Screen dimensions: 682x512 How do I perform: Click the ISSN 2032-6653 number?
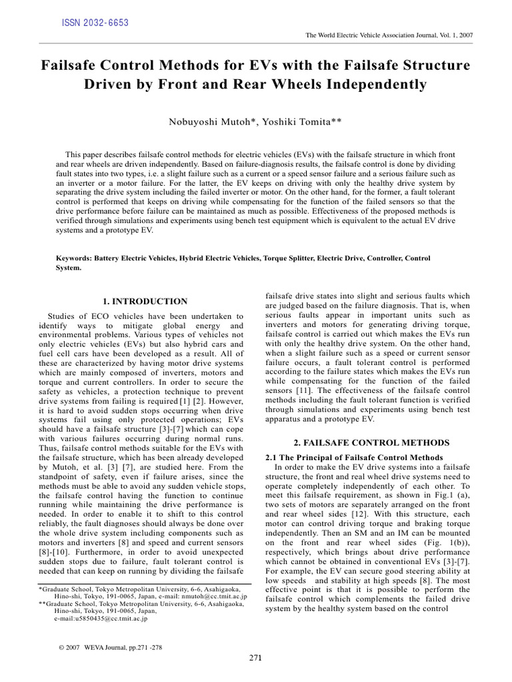click(95, 23)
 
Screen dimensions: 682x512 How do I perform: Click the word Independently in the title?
click(372, 85)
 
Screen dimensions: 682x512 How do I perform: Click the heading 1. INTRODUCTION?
click(145, 302)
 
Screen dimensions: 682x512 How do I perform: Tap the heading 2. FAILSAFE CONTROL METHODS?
click(371, 442)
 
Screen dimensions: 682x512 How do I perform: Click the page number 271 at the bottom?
click(255, 659)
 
